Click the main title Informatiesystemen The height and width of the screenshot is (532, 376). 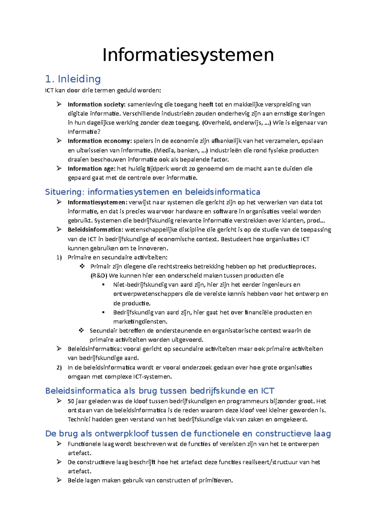[188, 55]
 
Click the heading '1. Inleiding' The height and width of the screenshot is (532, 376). [73, 79]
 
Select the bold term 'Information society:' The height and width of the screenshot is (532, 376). [97, 105]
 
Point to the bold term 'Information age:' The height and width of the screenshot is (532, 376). [91, 169]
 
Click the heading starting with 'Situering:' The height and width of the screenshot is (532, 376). [153, 192]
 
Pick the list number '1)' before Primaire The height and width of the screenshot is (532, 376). [59, 258]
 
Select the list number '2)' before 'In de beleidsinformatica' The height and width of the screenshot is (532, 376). [59, 368]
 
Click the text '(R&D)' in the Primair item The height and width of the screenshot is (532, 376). [99, 276]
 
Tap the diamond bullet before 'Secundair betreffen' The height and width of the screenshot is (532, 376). [81, 330]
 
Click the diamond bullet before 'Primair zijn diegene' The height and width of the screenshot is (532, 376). [82, 266]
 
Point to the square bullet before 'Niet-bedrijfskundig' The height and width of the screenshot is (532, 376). [104, 285]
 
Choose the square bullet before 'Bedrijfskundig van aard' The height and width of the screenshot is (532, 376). [104, 312]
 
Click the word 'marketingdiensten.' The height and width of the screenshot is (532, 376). [140, 321]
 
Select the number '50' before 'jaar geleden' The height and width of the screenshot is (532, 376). [71, 401]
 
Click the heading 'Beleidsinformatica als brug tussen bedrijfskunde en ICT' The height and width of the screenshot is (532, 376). [160, 391]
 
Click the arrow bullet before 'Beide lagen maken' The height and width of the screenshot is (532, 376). [59, 480]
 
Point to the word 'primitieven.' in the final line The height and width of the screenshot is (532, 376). [216, 480]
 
